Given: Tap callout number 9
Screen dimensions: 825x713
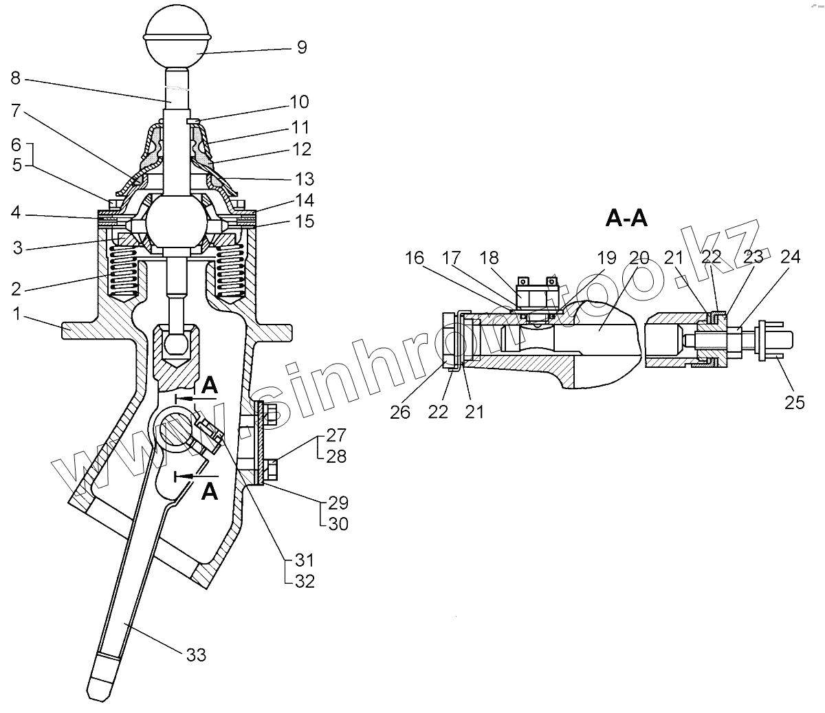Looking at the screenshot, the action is coord(302,47).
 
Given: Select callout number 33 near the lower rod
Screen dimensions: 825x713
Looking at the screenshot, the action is coord(195,655).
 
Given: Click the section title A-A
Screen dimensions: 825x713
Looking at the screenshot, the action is coord(626,219).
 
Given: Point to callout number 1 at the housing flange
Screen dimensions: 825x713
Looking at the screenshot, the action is coord(16,314).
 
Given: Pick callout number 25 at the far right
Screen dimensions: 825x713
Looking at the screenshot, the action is coord(794,402).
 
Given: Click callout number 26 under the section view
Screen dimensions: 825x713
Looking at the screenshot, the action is coord(400,412).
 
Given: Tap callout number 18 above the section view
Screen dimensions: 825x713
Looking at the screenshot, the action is coord(489,258).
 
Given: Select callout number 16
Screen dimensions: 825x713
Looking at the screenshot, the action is coord(415,258).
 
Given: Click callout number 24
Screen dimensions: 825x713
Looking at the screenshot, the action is coord(790,256).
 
